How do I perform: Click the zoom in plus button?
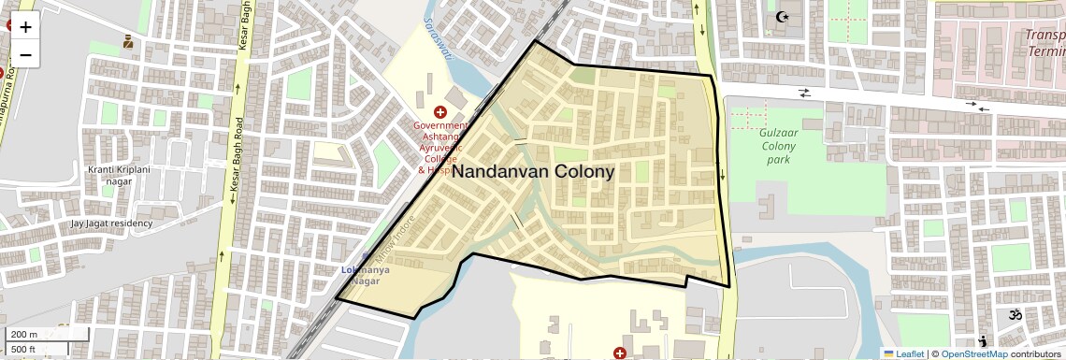25,27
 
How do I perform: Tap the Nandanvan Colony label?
533,172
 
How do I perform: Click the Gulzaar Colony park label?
777,146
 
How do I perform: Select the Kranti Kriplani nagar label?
119,176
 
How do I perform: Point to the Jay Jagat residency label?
111,224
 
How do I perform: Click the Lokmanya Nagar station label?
366,276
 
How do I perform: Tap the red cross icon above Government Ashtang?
439,112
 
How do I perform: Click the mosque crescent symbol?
783,17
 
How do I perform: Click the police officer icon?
128,41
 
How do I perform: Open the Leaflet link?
903,353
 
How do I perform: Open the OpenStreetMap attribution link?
973,353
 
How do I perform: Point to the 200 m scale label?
25,335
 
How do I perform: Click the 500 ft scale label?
25,349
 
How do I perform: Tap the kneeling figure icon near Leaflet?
983,341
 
